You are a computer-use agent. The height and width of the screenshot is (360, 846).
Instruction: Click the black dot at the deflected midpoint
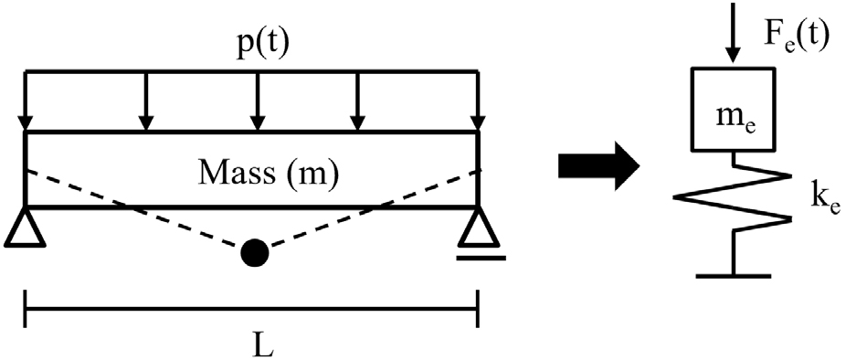click(x=252, y=254)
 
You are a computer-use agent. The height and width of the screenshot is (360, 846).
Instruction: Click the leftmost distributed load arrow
click(x=26, y=101)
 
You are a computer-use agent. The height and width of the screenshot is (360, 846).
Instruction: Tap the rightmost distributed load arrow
click(x=476, y=101)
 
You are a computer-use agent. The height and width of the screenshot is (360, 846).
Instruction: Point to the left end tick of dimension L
click(x=26, y=308)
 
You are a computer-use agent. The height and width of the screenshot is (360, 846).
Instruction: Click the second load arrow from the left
click(x=143, y=101)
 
